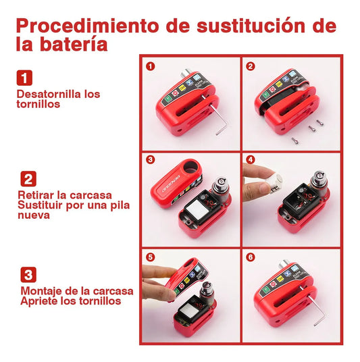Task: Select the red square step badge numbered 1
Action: (x=25, y=78)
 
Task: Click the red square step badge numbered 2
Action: (x=28, y=179)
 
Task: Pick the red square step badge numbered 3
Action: (x=28, y=275)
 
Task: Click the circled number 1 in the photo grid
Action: (x=150, y=66)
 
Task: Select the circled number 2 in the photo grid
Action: (x=251, y=66)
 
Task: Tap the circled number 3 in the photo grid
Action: (x=150, y=161)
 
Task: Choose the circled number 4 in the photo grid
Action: (x=251, y=161)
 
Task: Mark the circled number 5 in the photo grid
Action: (x=150, y=258)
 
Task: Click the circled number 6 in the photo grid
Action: (x=251, y=258)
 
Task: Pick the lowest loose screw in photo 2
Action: (x=295, y=140)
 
